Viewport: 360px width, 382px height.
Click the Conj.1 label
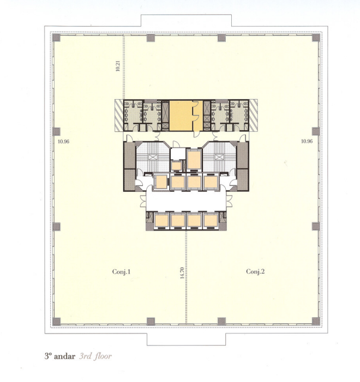[121, 271]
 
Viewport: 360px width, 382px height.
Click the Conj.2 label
[255, 271]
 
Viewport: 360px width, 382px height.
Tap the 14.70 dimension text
[182, 273]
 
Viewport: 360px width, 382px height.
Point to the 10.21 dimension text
[118, 65]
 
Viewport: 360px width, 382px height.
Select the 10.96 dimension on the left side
[64, 142]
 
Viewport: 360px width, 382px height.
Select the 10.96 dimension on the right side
[307, 141]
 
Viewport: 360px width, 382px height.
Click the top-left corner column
[56, 38]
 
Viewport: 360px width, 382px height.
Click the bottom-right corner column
[316, 322]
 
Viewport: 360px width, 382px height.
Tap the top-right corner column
[316, 38]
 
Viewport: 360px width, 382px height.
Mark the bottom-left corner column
[56, 322]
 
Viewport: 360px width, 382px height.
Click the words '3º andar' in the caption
[60, 356]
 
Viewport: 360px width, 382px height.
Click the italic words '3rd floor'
[95, 356]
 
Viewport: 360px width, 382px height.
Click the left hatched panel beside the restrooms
[119, 116]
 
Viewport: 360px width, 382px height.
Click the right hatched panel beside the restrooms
[253, 116]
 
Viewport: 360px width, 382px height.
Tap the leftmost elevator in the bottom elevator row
[161, 221]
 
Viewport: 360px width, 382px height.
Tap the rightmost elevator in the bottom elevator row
[211, 221]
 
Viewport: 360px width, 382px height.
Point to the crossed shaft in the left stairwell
[152, 157]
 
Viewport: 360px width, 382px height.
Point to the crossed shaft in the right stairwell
[219, 157]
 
